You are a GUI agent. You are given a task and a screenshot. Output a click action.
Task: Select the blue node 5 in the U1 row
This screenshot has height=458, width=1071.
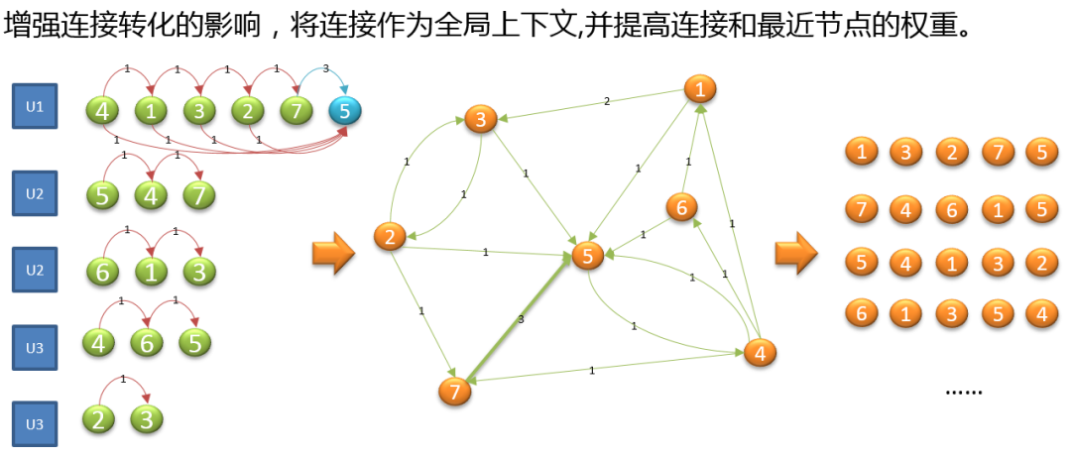coord(344,110)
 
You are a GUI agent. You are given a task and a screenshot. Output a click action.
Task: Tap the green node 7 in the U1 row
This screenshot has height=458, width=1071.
coord(296,110)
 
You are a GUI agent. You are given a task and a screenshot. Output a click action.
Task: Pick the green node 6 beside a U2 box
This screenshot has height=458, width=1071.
coord(102,270)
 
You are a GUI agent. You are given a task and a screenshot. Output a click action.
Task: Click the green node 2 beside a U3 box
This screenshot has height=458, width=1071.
coord(98,419)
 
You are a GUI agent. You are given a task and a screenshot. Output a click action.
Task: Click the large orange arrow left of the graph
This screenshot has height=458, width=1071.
coord(333,253)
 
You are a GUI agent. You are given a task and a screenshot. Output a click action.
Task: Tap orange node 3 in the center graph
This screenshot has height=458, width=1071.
coord(479,121)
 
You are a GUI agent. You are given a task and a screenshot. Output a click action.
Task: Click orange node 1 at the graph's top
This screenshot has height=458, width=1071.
coord(700,89)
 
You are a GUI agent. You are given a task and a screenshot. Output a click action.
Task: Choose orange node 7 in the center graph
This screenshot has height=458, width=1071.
coord(454,391)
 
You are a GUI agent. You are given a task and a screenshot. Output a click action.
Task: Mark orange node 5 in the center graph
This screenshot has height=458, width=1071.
coord(587,257)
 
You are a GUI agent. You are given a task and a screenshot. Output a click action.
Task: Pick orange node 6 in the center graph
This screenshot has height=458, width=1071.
coord(681,207)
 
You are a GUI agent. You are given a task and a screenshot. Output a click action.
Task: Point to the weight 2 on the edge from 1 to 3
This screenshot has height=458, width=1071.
coord(607,101)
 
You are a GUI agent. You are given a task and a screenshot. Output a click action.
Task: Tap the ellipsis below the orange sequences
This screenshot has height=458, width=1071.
coord(963,391)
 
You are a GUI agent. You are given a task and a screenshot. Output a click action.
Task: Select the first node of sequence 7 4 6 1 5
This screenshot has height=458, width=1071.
coord(862,209)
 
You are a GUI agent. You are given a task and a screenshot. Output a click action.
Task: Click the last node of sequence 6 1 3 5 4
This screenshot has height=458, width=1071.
coord(1040,314)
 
